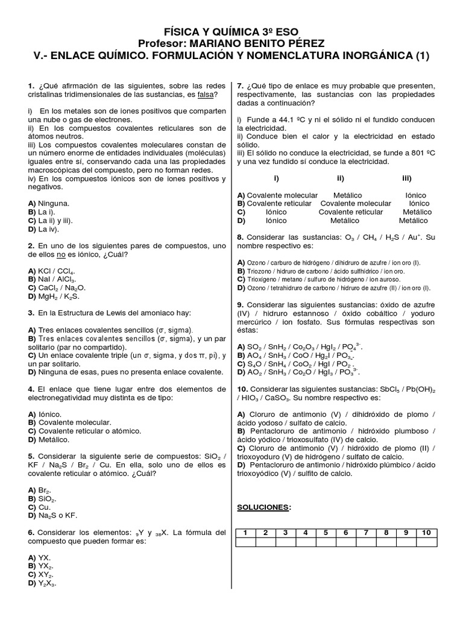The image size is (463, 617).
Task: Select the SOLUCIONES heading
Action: click(x=264, y=507)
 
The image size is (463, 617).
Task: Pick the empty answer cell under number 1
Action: click(x=246, y=542)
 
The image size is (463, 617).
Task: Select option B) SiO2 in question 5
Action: click(x=42, y=500)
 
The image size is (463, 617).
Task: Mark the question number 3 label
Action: click(x=31, y=313)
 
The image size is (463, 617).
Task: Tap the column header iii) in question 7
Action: click(x=406, y=178)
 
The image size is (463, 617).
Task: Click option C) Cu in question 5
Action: click(x=40, y=508)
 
